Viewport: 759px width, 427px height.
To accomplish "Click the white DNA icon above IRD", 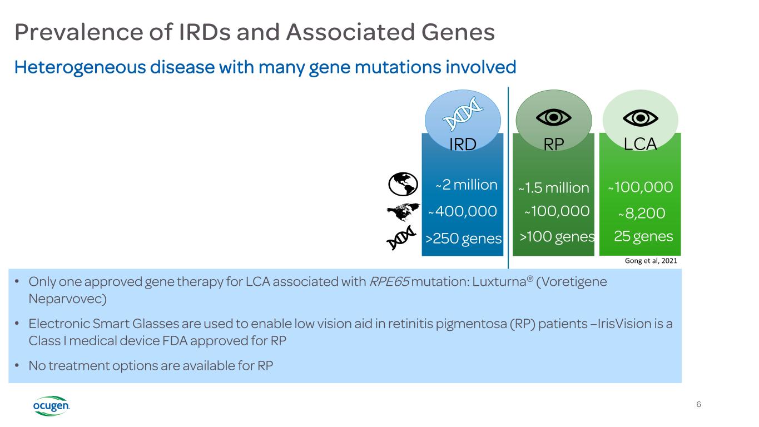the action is [x=463, y=113].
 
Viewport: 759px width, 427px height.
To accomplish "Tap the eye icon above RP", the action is [x=554, y=118].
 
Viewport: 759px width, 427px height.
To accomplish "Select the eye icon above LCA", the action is [x=641, y=118].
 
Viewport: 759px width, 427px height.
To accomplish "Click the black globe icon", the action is [x=403, y=184].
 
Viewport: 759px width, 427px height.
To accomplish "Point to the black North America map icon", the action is [x=403, y=212].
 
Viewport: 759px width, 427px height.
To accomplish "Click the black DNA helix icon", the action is [x=401, y=237].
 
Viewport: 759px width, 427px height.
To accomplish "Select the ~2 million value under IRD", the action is [x=466, y=185].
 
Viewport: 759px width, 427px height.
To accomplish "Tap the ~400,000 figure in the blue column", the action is [x=463, y=211].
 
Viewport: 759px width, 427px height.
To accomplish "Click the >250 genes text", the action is [x=464, y=239].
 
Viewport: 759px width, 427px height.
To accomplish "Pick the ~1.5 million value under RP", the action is [x=554, y=188].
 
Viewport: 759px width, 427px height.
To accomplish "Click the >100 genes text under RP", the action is [x=557, y=237].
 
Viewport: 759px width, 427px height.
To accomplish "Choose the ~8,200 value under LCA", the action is [x=642, y=213].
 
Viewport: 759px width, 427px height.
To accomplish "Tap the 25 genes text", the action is [x=643, y=236].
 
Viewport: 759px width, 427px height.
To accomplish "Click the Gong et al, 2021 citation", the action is [x=651, y=261].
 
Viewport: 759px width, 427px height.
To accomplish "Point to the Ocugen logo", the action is [x=52, y=406].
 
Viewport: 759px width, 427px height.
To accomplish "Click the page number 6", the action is [x=698, y=404].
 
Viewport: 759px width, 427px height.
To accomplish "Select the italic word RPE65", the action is [x=389, y=282].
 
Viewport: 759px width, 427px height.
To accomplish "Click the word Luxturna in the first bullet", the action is [x=499, y=282].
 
